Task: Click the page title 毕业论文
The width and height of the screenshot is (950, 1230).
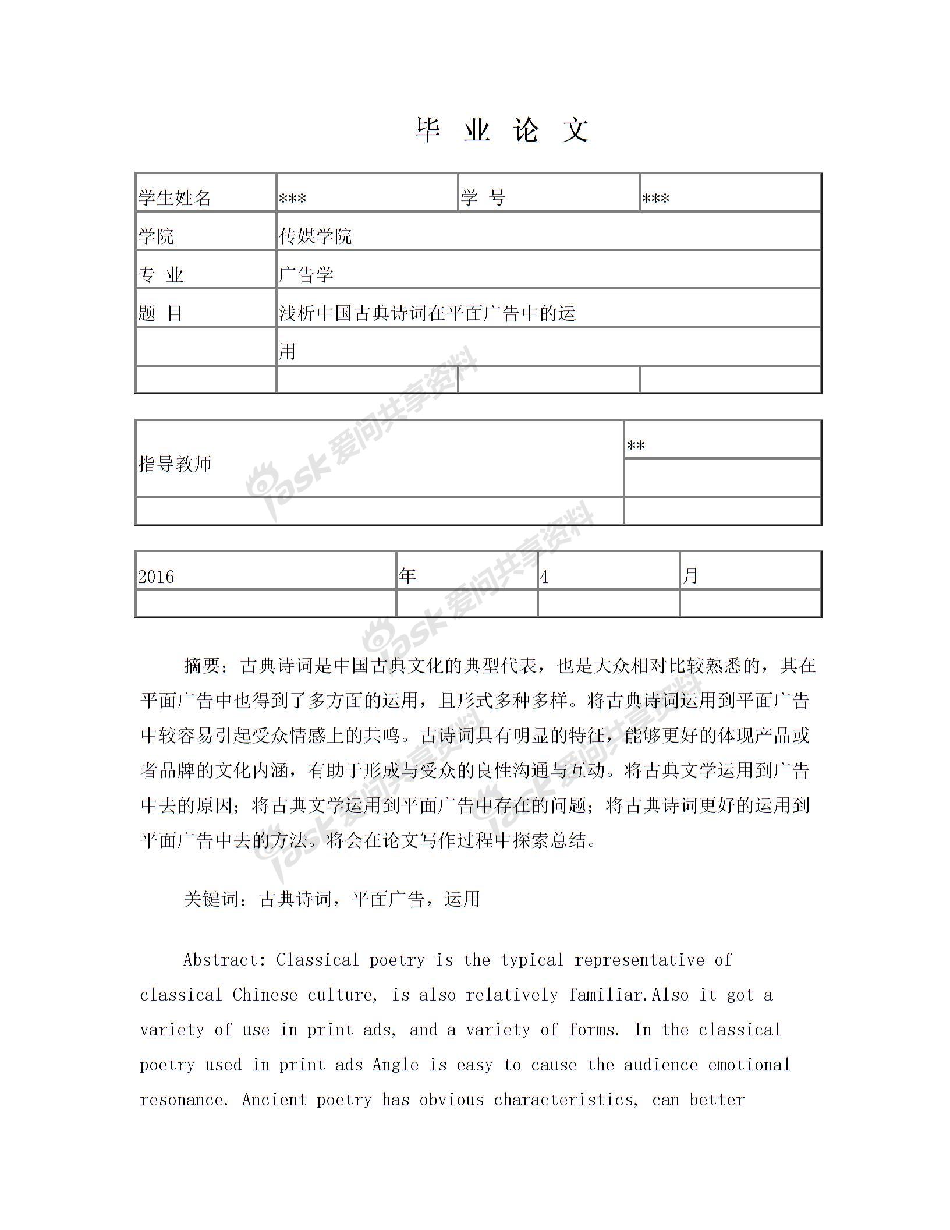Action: point(502,130)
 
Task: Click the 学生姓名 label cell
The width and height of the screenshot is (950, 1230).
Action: point(175,198)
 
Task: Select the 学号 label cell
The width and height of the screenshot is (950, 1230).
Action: point(483,198)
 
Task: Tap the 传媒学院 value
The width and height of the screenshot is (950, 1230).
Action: point(316,236)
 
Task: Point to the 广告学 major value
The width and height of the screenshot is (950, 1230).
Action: point(306,274)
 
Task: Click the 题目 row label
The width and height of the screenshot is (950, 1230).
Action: point(160,313)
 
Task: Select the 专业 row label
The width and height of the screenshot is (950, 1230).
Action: point(161,274)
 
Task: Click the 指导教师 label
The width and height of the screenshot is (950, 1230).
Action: point(175,464)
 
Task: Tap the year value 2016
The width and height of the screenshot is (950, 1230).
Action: point(156,577)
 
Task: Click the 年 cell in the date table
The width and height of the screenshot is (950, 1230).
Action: point(408,575)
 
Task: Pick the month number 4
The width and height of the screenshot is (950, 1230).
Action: point(544,577)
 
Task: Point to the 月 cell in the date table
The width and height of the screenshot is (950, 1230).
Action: point(690,575)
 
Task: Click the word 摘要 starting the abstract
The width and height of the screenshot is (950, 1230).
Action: point(202,665)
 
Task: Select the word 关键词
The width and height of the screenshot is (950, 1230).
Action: point(211,899)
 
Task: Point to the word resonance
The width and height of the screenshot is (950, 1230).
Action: point(182,1100)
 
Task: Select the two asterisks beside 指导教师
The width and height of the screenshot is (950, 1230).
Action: point(636,446)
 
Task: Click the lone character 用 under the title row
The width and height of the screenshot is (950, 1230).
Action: point(287,351)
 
